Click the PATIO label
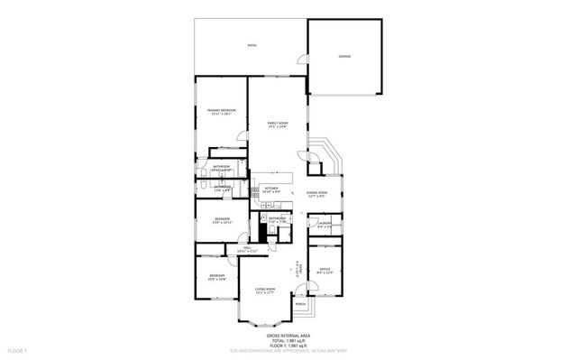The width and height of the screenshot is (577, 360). (x=251, y=43)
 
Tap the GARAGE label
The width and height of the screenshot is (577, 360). (x=344, y=56)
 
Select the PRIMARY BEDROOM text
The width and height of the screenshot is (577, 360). (x=221, y=110)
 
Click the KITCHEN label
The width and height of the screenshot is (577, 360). (x=271, y=188)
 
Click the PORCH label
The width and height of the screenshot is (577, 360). (x=300, y=304)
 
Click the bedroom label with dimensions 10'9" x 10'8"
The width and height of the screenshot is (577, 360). (x=217, y=276)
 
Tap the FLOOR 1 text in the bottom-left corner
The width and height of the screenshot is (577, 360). (x=18, y=349)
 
